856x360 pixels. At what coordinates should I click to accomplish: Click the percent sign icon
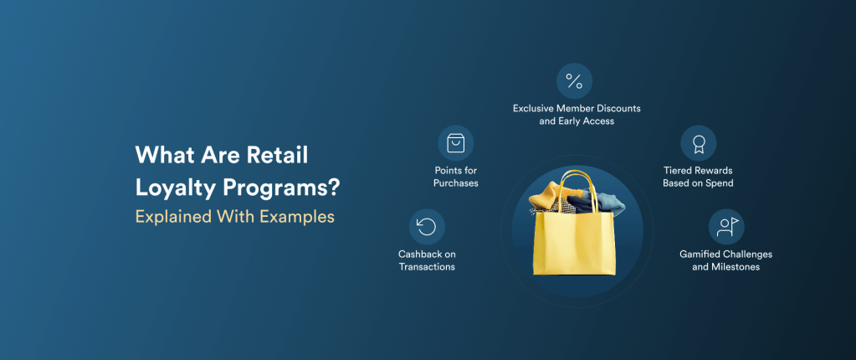574,81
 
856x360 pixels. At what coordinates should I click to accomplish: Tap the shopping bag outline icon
456,143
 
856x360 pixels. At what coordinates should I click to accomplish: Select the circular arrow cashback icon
427,227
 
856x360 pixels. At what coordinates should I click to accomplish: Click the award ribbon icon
698,143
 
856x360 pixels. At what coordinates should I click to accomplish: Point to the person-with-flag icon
725,226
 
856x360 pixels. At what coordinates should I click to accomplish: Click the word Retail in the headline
276,156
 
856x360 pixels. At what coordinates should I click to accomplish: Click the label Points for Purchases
456,177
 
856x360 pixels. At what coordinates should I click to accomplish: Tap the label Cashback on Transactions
427,260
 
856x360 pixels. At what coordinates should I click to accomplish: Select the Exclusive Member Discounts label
576,115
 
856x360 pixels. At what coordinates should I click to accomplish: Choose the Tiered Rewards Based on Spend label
698,177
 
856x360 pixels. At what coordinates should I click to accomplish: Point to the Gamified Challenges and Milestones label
725,260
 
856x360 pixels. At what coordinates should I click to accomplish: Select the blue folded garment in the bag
610,203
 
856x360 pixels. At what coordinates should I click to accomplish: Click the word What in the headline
161,156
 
